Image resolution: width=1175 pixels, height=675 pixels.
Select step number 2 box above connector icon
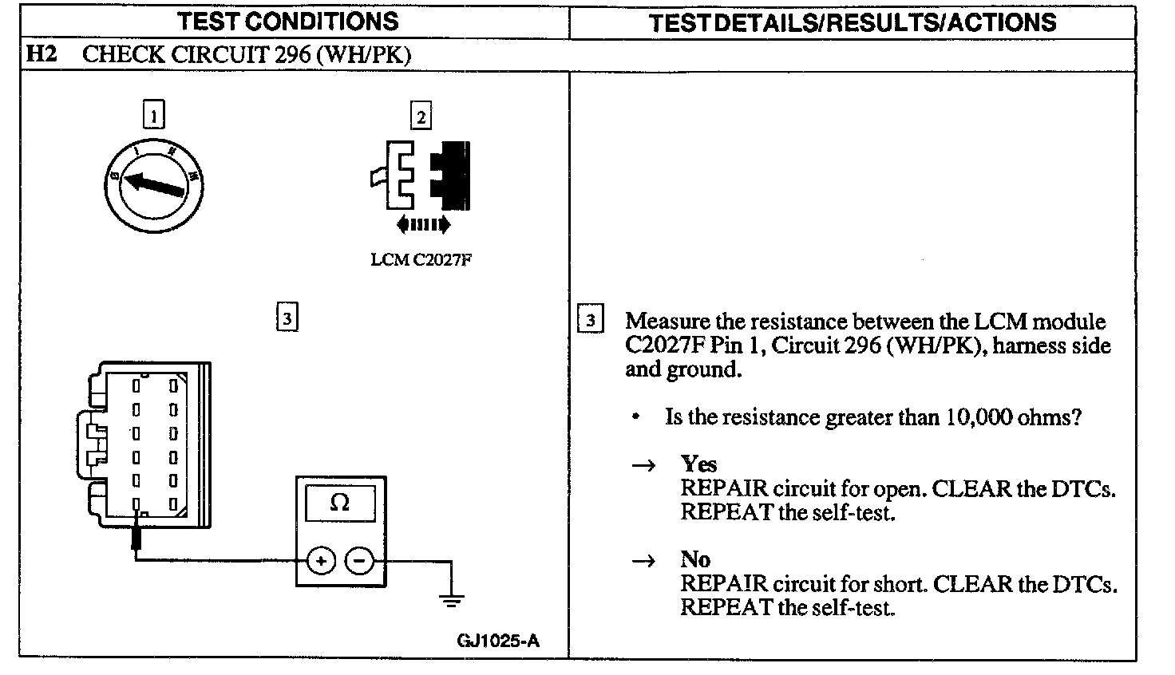(421, 116)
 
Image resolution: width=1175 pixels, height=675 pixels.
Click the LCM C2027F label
(421, 259)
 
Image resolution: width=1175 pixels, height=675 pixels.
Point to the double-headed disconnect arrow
(423, 224)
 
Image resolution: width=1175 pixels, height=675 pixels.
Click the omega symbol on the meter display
(340, 503)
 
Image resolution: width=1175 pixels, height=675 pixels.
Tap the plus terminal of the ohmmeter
(321, 561)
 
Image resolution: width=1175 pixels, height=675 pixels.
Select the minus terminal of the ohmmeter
(359, 561)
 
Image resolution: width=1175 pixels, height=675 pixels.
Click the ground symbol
(452, 599)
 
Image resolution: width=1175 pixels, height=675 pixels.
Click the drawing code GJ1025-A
(498, 641)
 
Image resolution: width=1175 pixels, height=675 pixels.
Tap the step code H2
(41, 54)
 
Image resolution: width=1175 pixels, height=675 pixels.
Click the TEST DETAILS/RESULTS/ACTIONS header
(853, 22)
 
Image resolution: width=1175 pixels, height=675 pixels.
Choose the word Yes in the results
(698, 464)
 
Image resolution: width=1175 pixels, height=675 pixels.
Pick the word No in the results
(695, 559)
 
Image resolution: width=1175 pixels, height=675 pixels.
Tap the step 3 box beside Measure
(590, 321)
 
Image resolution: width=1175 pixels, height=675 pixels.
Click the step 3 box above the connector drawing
(287, 318)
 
